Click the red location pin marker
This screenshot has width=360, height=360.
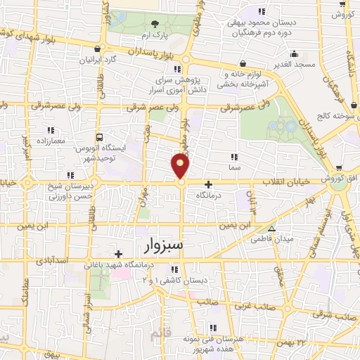181,167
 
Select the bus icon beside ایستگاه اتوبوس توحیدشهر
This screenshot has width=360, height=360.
100,137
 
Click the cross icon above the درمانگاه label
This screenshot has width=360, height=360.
207,184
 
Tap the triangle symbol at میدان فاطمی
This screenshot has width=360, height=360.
272,229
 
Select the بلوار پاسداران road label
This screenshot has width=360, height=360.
152,52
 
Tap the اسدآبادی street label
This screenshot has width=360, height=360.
49,261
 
